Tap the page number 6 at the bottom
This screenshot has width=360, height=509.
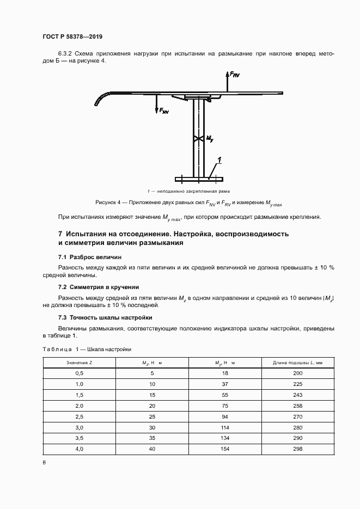44,462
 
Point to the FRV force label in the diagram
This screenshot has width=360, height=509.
234,74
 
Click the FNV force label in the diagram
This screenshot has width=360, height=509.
162,111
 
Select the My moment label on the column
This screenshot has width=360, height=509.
210,139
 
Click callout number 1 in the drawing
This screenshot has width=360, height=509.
219,160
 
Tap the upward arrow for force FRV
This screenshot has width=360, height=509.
226,82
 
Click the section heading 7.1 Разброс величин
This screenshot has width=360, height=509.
90,256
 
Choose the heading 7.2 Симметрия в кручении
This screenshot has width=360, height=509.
99,287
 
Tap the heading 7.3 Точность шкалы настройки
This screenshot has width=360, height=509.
105,317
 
